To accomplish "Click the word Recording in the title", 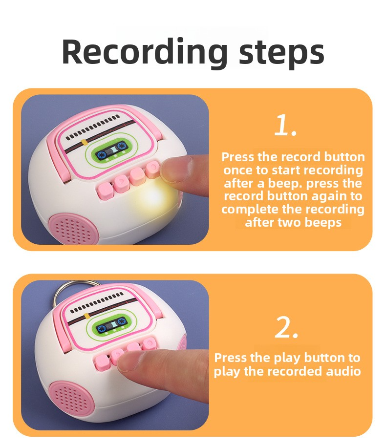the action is tap(145, 53).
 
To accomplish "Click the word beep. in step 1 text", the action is tap(285, 184).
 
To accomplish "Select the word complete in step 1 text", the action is tap(250, 210).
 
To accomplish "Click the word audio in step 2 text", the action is tap(343, 371).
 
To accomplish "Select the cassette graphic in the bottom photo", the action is tap(111, 325).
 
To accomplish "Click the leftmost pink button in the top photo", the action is tap(105, 191).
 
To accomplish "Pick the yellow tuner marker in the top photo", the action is tap(84, 142).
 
